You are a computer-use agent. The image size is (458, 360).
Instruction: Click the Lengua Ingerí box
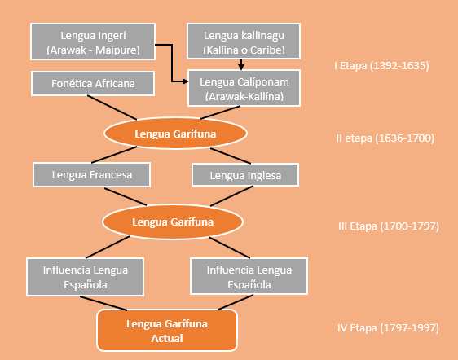[93, 42]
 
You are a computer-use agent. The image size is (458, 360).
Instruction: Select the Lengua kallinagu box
[244, 42]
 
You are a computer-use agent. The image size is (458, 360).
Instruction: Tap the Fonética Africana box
[93, 84]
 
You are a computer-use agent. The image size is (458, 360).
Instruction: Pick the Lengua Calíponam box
[244, 88]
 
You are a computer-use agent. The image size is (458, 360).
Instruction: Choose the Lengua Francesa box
[92, 174]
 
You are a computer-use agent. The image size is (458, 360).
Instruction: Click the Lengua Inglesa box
[245, 174]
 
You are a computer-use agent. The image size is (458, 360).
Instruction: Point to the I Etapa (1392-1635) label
[381, 66]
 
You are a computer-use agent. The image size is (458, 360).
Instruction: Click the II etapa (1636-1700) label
[385, 138]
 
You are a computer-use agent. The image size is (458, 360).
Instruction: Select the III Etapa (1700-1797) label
[389, 226]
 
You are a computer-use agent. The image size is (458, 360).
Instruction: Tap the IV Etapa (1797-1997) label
[388, 328]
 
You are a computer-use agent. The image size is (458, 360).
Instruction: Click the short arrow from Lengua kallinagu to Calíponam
[241, 64]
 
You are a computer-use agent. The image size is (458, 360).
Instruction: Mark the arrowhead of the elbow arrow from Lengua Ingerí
[186, 81]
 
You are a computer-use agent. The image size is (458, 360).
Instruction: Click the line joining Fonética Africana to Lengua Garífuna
[112, 108]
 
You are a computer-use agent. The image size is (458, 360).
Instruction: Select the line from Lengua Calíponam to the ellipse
[221, 112]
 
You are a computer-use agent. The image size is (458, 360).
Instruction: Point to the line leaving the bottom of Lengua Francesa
[126, 197]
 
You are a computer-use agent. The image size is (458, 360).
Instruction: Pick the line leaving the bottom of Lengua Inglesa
[231, 196]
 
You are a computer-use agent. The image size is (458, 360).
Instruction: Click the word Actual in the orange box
[167, 338]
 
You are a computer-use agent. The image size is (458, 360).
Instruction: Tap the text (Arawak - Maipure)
[93, 50]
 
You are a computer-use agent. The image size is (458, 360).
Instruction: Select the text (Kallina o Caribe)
[244, 50]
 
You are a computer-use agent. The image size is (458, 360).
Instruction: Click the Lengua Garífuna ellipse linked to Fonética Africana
[175, 134]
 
